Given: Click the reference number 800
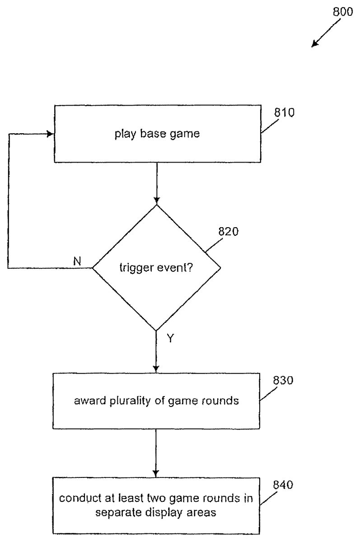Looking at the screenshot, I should point(343,12).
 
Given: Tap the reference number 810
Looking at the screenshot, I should point(284,112).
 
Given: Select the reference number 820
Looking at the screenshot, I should point(229,232).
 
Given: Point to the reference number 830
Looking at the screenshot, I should point(283,380).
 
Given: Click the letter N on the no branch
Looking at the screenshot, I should point(77,261).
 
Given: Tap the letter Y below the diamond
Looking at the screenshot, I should point(170,338).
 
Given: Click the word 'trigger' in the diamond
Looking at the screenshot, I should point(134,267).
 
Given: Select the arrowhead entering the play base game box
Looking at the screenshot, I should point(50,134).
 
